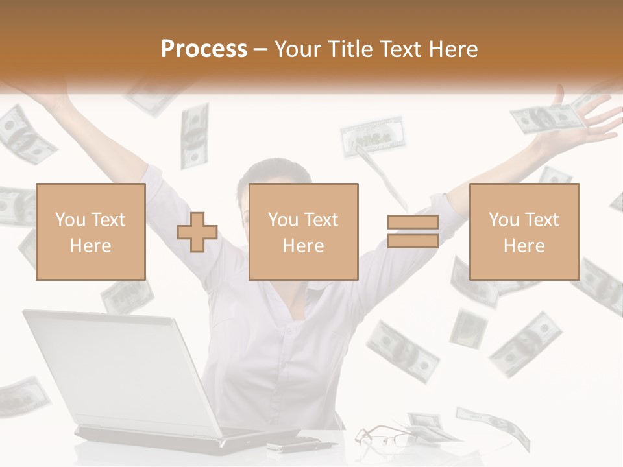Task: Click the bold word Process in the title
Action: tap(204, 49)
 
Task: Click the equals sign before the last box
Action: tap(413, 232)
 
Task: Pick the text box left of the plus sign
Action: tap(91, 232)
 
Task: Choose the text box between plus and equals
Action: tap(304, 232)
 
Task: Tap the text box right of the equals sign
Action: tap(524, 232)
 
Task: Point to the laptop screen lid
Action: tap(123, 370)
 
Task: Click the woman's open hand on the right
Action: tap(594, 120)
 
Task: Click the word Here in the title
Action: tap(452, 49)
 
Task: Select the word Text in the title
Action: tap(400, 49)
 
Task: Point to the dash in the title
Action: tap(261, 49)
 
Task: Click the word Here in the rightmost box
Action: tap(524, 245)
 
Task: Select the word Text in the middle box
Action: tap(321, 220)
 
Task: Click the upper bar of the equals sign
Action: tap(413, 222)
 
